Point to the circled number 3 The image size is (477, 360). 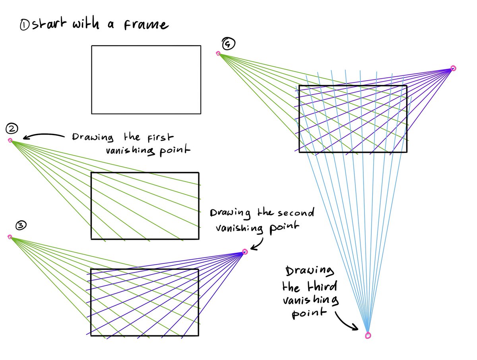click(21, 226)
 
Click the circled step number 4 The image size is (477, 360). click(227, 44)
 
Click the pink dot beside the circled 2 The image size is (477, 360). click(10, 140)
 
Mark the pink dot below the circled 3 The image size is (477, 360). click(10, 237)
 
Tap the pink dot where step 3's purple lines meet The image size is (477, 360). click(245, 251)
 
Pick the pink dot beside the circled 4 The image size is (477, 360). click(218, 54)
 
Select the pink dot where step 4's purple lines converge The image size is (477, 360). click(453, 68)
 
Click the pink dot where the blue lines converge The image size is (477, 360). click(368, 336)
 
